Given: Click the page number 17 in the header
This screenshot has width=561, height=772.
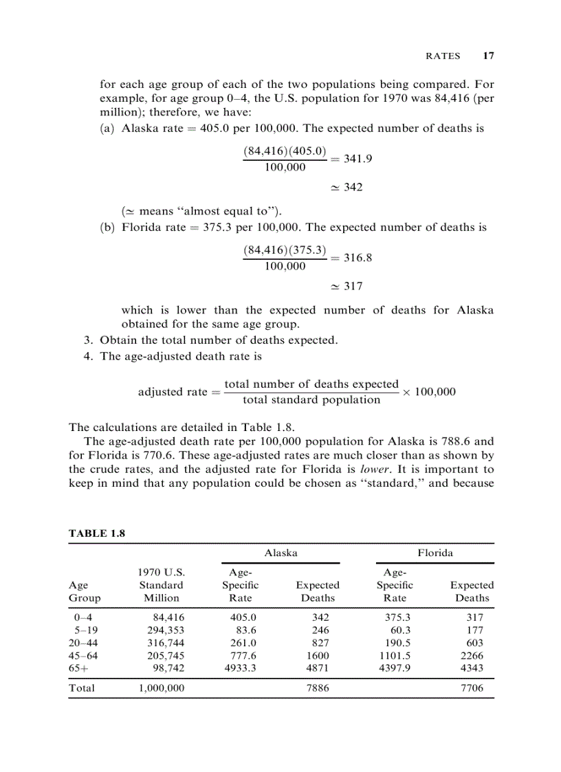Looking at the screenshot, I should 488,56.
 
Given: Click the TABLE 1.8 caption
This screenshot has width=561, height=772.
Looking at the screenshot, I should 97,533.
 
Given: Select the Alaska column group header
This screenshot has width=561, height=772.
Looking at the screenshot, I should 280,552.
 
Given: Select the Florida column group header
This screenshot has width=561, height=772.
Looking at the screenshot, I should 434,552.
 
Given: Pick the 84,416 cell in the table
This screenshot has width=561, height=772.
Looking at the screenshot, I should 168,617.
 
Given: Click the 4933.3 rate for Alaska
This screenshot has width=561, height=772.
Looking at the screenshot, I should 240,668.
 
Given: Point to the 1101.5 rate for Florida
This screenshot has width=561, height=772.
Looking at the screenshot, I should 395,655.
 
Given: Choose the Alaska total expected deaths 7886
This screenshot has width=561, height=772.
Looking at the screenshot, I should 317,687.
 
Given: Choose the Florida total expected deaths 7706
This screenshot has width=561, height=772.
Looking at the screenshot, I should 472,687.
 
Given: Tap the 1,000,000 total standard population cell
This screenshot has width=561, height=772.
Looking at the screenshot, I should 161,687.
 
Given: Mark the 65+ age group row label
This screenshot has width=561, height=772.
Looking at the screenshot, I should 78,668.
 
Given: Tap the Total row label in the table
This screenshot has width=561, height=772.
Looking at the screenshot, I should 82,687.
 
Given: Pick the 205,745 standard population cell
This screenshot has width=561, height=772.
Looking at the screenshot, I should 166,655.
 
